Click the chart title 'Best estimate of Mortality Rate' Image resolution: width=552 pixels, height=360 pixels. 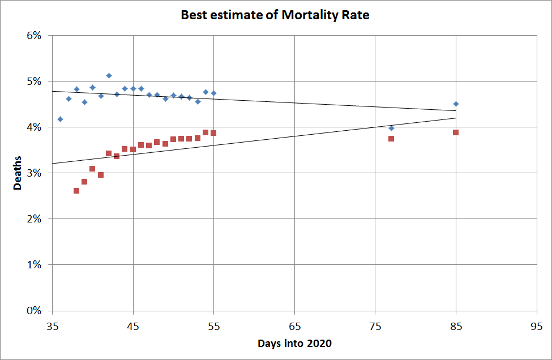pyautogui.click(x=275, y=15)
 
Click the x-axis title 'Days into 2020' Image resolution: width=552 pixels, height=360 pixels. pyautogui.click(x=294, y=344)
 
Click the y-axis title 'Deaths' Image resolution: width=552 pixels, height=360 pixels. pyautogui.click(x=18, y=173)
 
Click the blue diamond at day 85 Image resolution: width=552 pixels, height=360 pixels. pyautogui.click(x=456, y=104)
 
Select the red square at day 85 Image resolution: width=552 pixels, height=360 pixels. pyautogui.click(x=456, y=132)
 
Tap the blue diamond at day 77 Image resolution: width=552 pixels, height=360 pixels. pyautogui.click(x=391, y=128)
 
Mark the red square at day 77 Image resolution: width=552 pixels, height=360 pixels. pyautogui.click(x=391, y=139)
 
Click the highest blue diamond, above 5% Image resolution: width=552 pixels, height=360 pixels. pyautogui.click(x=109, y=75)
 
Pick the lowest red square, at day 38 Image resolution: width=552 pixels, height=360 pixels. pyautogui.click(x=76, y=191)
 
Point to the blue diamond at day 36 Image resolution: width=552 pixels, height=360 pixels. pyautogui.click(x=60, y=119)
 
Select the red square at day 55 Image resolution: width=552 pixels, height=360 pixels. pyautogui.click(x=213, y=133)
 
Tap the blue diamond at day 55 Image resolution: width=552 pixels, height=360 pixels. pyautogui.click(x=213, y=93)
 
